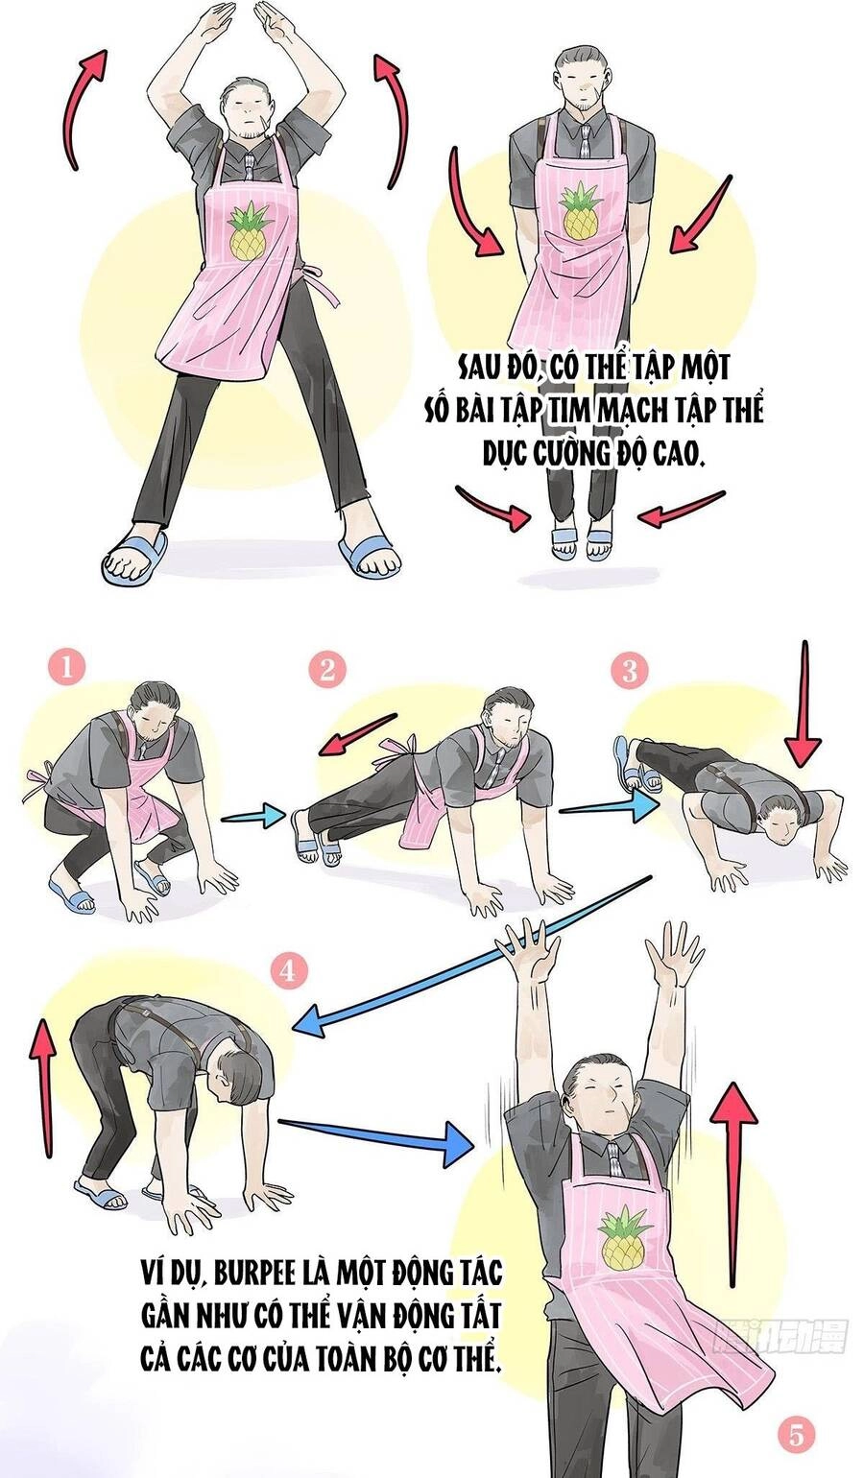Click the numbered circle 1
(x=66, y=667)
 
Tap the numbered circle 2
(x=327, y=670)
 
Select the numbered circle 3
(x=629, y=670)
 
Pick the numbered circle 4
(x=287, y=971)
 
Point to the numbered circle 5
(x=794, y=1436)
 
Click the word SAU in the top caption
(x=478, y=368)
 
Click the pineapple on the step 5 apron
(x=620, y=1239)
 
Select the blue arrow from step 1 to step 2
(x=253, y=817)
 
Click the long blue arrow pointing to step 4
(x=470, y=960)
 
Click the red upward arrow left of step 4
(x=42, y=1089)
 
